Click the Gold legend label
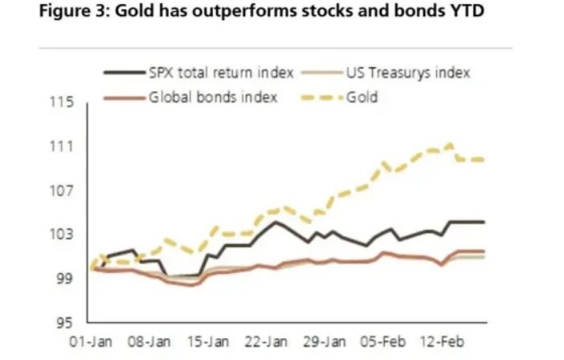pyautogui.click(x=362, y=98)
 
